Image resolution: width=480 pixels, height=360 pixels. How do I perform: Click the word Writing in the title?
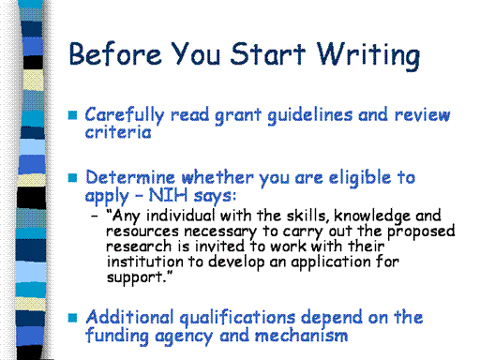coord(368,55)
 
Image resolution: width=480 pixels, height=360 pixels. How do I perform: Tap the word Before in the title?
coord(114,53)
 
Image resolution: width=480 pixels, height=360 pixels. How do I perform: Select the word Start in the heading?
coord(268,53)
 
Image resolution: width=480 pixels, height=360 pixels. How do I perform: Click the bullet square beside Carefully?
coord(72,115)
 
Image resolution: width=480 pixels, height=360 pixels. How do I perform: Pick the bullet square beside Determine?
coord(72,178)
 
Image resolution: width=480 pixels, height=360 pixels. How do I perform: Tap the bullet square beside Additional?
coord(72,318)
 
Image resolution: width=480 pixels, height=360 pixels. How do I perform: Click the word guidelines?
coord(309,115)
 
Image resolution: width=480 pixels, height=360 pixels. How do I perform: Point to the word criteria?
coord(118,132)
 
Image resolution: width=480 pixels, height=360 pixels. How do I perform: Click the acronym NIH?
coord(168,195)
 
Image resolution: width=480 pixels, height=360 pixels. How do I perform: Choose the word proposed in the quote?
coord(421,232)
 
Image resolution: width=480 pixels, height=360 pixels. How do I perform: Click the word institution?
coord(145,262)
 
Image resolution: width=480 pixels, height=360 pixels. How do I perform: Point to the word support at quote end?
coord(134,277)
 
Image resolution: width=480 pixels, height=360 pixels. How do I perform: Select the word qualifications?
coord(237,318)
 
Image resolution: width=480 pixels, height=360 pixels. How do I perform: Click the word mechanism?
coord(301,336)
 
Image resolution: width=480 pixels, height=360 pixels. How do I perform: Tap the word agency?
coord(184,337)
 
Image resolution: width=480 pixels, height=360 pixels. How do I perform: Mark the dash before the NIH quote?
coord(95,216)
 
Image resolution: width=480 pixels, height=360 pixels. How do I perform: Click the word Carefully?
coord(125,115)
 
